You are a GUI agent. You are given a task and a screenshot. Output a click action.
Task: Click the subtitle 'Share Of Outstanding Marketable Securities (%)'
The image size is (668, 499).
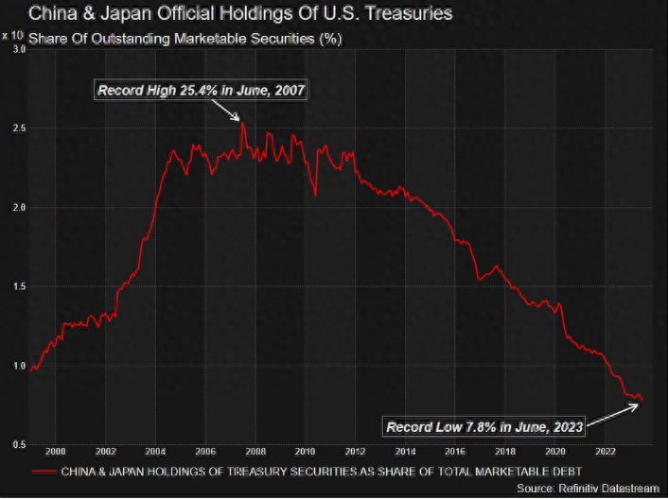[x=185, y=39]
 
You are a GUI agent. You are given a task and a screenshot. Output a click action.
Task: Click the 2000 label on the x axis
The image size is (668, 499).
[x=55, y=452]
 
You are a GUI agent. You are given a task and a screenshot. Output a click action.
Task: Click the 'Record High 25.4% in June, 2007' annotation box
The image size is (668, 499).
[x=202, y=91]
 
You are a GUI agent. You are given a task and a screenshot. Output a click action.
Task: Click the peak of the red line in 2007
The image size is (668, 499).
[x=242, y=123]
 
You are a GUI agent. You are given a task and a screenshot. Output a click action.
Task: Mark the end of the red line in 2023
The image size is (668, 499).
[x=642, y=400]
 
